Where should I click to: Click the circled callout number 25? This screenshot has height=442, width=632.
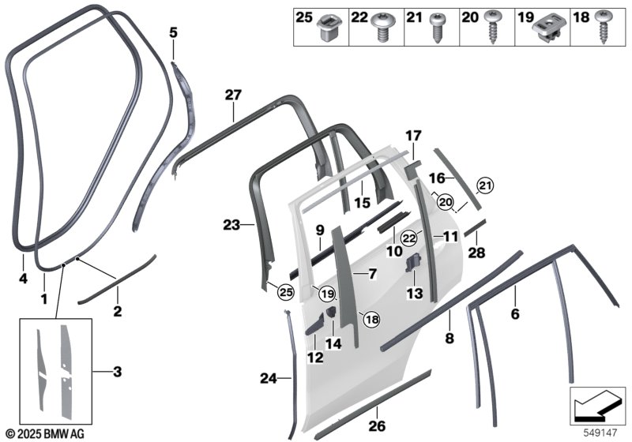(x=285, y=294)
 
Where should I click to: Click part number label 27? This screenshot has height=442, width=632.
(x=232, y=96)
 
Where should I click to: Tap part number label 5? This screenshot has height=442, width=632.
(x=173, y=32)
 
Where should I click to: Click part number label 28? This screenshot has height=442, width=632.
(x=476, y=252)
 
